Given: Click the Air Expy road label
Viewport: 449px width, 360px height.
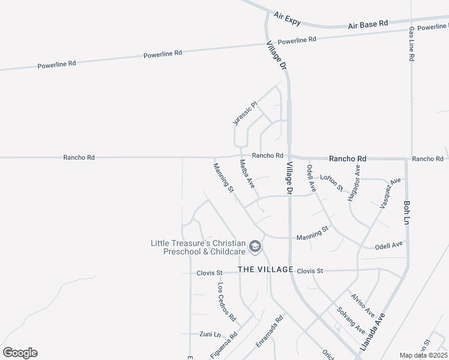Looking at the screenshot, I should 287,17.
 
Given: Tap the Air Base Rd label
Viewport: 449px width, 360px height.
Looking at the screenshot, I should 368,25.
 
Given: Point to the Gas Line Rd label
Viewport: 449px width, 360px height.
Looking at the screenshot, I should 412,44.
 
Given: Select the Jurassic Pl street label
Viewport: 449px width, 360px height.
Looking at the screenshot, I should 245,113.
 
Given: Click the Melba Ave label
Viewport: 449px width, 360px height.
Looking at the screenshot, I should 247,174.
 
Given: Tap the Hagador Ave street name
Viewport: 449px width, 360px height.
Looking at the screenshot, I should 354,183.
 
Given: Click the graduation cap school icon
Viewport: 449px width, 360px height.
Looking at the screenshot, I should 255,247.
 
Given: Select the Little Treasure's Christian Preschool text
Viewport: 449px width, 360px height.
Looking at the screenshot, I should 198,247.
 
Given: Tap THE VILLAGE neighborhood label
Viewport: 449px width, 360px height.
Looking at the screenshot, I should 265,269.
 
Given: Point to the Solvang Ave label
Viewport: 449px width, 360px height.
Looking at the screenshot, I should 351,320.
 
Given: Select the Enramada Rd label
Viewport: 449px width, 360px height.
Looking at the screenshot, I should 269,332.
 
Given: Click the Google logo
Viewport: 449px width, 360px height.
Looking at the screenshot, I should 20,352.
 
